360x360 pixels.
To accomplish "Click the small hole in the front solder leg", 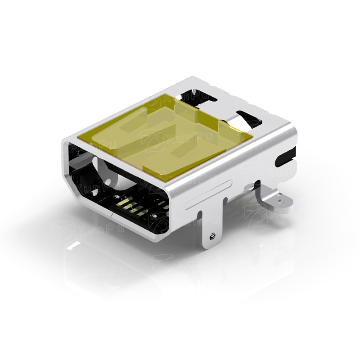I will coord(211,235).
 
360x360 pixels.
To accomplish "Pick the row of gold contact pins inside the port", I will coord(130,207).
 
